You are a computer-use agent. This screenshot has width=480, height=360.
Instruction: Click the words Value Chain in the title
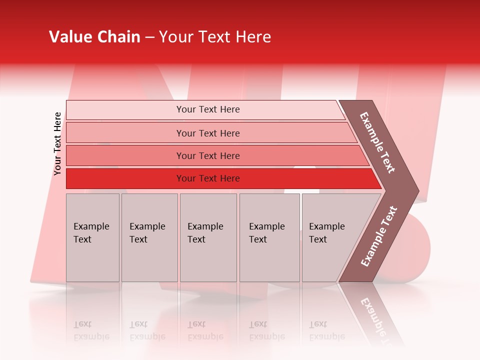pos(94,37)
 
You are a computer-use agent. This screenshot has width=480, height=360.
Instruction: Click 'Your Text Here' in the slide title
pos(214,37)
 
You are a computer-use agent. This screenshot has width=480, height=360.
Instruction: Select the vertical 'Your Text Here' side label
pos(57,143)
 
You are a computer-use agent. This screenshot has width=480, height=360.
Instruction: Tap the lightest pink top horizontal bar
pos(125,110)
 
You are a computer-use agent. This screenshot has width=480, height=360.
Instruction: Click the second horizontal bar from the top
pos(125,133)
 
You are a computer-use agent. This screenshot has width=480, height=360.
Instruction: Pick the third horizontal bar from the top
pos(125,155)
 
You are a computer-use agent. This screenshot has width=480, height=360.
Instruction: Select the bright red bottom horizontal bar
pos(125,178)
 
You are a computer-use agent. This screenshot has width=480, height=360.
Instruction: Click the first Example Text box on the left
pos(92,237)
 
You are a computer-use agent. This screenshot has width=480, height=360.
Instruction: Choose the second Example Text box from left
pos(149,237)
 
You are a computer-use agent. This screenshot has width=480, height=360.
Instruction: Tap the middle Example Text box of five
pos(208,237)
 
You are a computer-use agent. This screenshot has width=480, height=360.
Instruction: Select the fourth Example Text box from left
pos(269,237)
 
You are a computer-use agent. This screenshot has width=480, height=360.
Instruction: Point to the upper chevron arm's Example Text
pos(377,142)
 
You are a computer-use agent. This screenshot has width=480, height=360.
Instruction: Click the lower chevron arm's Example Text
pos(379,236)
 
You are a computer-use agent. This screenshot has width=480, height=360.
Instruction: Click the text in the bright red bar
pos(208,178)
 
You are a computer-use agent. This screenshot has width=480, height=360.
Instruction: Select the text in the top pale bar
pos(208,109)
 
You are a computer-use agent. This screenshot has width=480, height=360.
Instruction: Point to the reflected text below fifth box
pos(326,330)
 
